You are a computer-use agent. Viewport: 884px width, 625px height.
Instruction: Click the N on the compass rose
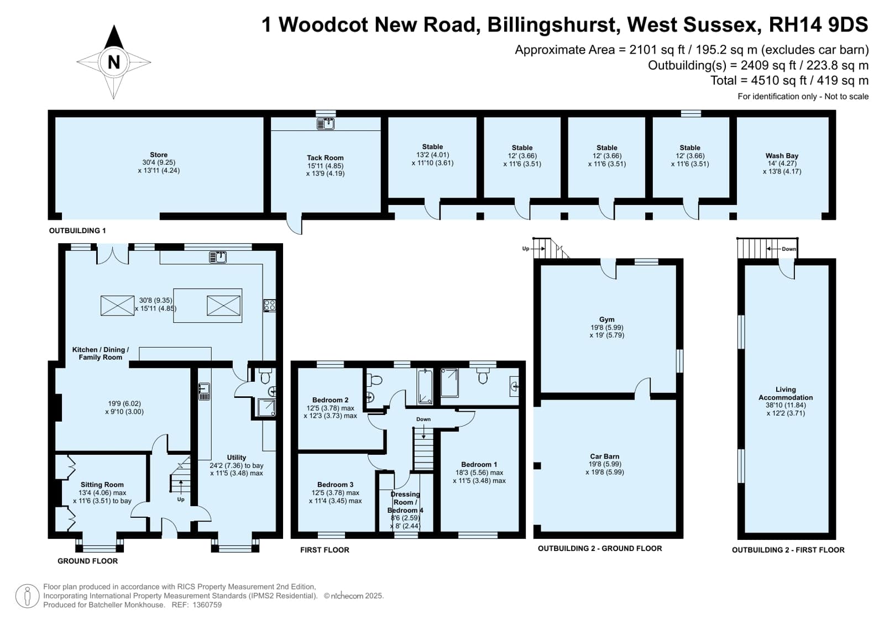coord(114,62)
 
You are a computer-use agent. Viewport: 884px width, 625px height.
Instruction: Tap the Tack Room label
coord(325,158)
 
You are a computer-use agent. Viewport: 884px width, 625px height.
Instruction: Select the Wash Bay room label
coord(782,156)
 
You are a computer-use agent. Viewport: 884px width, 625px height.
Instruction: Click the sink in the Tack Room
coord(326,123)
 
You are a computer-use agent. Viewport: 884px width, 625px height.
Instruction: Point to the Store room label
coord(159,155)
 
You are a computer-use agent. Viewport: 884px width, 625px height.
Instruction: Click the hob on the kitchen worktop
coord(270,305)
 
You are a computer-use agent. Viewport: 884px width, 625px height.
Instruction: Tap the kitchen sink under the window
coord(217,258)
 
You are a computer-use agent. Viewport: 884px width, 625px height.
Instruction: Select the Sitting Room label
coord(102,485)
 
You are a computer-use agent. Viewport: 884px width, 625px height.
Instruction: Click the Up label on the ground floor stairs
coord(181,500)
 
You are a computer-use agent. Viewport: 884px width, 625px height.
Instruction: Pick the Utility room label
coord(237,458)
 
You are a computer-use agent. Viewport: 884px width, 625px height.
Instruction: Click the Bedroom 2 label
coord(330,400)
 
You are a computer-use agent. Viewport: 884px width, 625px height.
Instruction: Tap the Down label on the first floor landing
coord(423,419)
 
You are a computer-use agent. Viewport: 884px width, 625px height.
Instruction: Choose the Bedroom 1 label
coord(479,464)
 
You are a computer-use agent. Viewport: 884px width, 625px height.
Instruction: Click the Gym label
coord(606,319)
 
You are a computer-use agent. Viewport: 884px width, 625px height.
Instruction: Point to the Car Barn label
coord(605,456)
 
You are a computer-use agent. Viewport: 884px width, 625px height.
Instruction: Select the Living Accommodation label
coord(786,393)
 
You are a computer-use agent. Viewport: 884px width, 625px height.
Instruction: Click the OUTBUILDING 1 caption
coord(77,230)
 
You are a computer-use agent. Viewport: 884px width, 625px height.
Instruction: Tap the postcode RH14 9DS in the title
coord(819,24)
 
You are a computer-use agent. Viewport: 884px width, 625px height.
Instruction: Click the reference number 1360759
coord(207,605)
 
